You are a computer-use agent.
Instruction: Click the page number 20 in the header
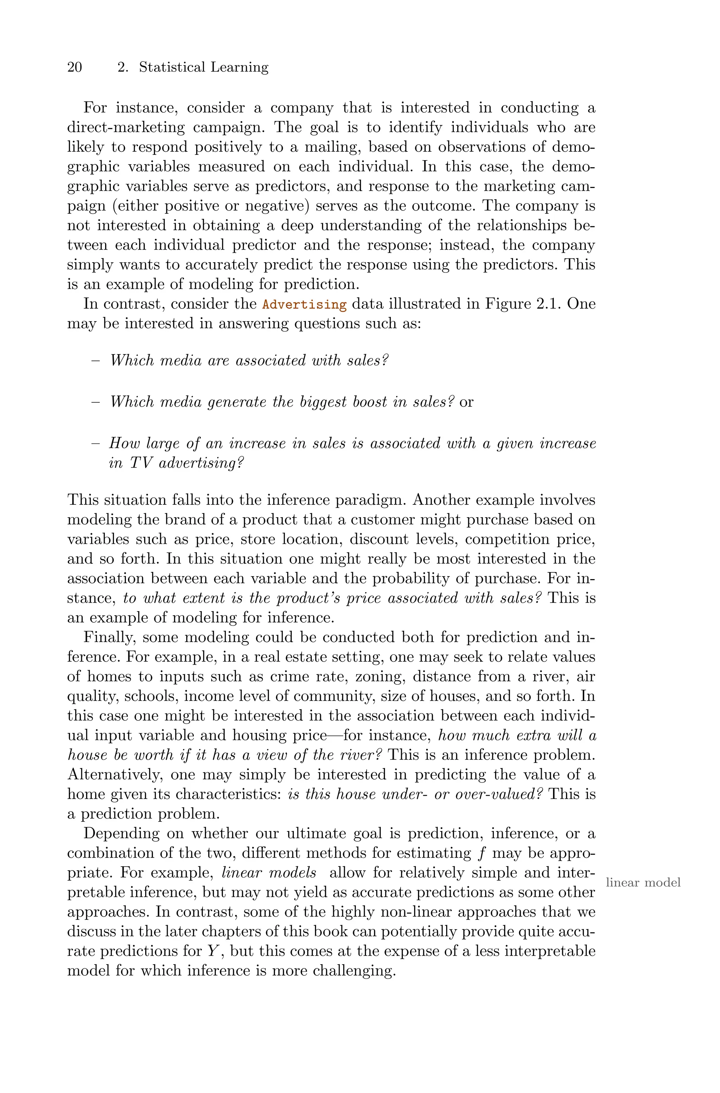(x=75, y=67)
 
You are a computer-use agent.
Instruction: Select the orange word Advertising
(x=304, y=304)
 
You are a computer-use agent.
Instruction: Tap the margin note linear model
(x=643, y=882)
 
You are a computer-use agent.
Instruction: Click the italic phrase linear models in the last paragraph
(x=269, y=872)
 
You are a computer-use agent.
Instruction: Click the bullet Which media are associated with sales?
(x=249, y=360)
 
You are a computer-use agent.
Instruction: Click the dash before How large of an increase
(x=96, y=444)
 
